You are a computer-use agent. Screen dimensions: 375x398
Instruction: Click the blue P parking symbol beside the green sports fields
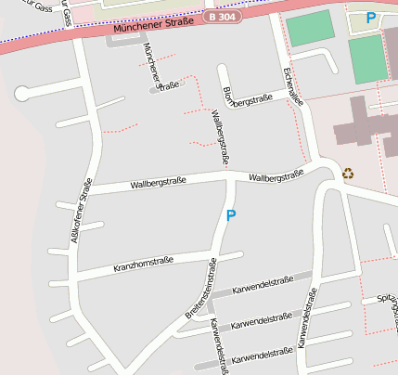pos(371,18)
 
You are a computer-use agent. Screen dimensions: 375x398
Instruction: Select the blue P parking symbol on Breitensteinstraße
pos(231,215)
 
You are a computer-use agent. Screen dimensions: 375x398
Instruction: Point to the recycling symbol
pos(348,172)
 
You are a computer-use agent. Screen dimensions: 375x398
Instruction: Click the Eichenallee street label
pos(292,84)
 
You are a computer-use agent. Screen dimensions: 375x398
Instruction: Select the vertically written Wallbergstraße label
pos(221,137)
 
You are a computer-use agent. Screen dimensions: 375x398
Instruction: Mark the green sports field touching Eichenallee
pos(308,32)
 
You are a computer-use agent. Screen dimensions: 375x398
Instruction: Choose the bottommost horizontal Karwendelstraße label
pos(263,356)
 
